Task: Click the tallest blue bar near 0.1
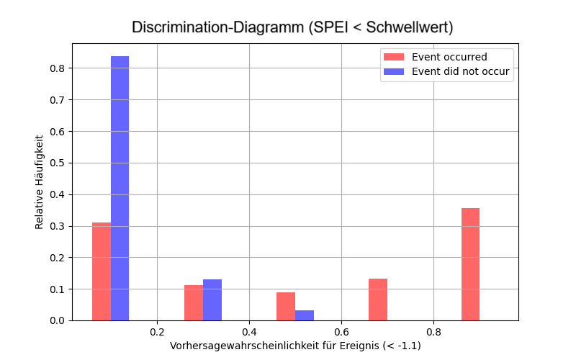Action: (x=120, y=189)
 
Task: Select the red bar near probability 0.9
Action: (x=470, y=264)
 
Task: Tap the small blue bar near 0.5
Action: (x=305, y=315)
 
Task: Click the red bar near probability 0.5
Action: (x=286, y=306)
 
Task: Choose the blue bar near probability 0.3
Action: (x=212, y=300)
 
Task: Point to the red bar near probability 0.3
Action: (x=194, y=302)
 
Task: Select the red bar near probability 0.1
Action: (x=102, y=271)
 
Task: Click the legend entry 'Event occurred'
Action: (x=449, y=57)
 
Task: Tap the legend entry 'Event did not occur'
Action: (x=460, y=71)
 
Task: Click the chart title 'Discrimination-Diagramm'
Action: (x=292, y=28)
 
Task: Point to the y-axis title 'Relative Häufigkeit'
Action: (x=40, y=181)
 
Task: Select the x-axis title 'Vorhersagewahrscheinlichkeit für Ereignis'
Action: (x=295, y=346)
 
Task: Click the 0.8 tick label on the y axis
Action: (x=56, y=68)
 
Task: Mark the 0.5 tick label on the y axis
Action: (x=56, y=163)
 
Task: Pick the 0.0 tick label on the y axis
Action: (x=56, y=320)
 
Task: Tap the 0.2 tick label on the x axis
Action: (x=157, y=333)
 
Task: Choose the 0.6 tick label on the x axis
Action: (x=341, y=333)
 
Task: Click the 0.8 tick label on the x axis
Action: (x=433, y=333)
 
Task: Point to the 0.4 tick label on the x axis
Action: (x=249, y=333)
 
